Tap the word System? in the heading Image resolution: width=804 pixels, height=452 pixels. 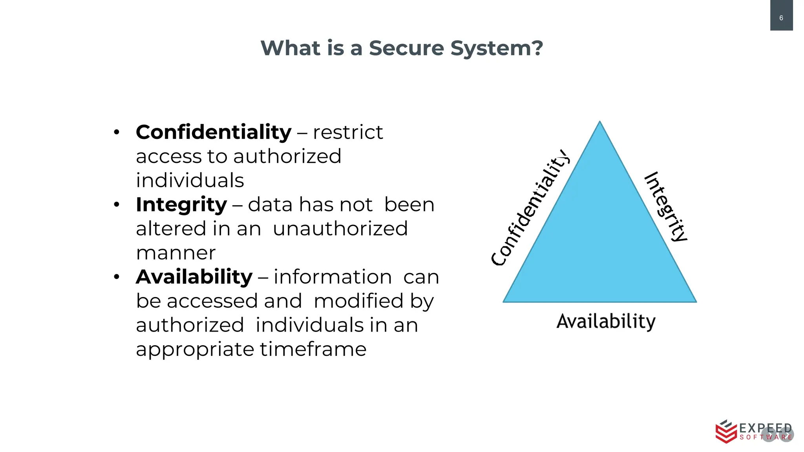497,48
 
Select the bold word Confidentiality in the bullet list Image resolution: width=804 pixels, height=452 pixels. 214,132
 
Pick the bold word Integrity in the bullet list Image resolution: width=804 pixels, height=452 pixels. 181,205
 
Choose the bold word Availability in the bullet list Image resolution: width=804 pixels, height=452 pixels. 194,277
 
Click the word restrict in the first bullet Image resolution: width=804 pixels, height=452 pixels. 348,132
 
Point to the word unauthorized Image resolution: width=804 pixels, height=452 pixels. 340,229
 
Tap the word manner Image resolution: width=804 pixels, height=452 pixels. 176,253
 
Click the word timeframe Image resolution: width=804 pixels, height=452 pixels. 313,349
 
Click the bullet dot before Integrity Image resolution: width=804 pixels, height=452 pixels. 117,205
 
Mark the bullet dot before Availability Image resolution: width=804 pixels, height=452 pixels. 117,277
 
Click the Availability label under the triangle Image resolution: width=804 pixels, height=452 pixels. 606,322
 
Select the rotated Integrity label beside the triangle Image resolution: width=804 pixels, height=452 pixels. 666,207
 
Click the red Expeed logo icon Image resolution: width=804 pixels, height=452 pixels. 725,432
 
